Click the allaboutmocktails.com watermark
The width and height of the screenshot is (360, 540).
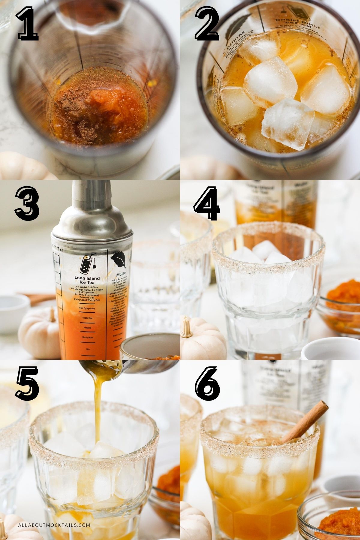[x=54, y=525]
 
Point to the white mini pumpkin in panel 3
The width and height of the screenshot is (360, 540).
[x=39, y=333]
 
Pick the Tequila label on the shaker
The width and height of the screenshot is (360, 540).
[x=87, y=328]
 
